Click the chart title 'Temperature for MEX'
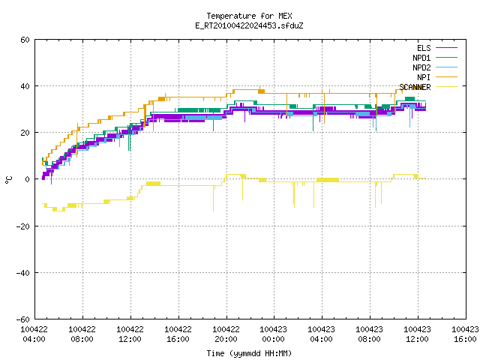[x=249, y=16]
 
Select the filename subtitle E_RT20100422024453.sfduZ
[x=249, y=25]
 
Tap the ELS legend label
[x=424, y=48]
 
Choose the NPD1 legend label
[x=421, y=58]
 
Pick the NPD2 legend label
[x=421, y=67]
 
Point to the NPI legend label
[x=424, y=77]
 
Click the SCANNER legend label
[x=415, y=87]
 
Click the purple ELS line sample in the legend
[x=446, y=48]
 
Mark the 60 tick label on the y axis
[x=25, y=40]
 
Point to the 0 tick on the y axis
[x=28, y=179]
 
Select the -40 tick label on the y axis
[x=23, y=273]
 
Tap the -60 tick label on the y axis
[x=23, y=319]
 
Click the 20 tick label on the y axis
[x=25, y=133]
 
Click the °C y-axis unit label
[x=8, y=180]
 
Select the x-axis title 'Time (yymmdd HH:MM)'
[x=249, y=353]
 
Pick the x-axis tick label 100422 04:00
[x=34, y=334]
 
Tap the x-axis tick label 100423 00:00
[x=273, y=334]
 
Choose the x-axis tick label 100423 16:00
[x=465, y=334]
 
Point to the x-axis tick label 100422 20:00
[x=226, y=334]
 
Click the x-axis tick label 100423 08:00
[x=369, y=334]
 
